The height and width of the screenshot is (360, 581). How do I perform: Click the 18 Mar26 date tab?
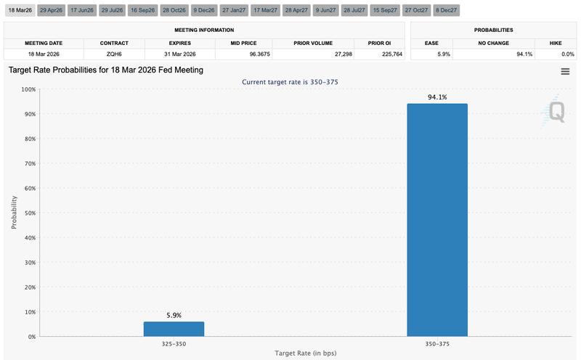pyautogui.click(x=19, y=10)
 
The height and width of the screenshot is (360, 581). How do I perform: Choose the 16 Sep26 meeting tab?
pyautogui.click(x=144, y=10)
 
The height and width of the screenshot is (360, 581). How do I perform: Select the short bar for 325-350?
pyautogui.click(x=174, y=329)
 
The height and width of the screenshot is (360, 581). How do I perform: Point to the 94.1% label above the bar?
pyautogui.click(x=436, y=96)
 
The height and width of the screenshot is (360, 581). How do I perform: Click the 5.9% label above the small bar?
pyautogui.click(x=174, y=315)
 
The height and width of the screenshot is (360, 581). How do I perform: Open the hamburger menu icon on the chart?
pyautogui.click(x=565, y=71)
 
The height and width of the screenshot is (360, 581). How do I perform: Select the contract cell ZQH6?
pyautogui.click(x=114, y=54)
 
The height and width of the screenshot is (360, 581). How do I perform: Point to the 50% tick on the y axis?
pyautogui.click(x=29, y=213)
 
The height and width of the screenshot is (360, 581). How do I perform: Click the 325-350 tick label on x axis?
pyautogui.click(x=174, y=343)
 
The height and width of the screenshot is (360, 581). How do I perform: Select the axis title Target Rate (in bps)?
pyautogui.click(x=305, y=353)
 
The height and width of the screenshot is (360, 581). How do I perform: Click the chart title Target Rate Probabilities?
pyautogui.click(x=105, y=70)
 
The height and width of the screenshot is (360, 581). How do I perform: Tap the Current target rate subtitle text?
pyautogui.click(x=290, y=82)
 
